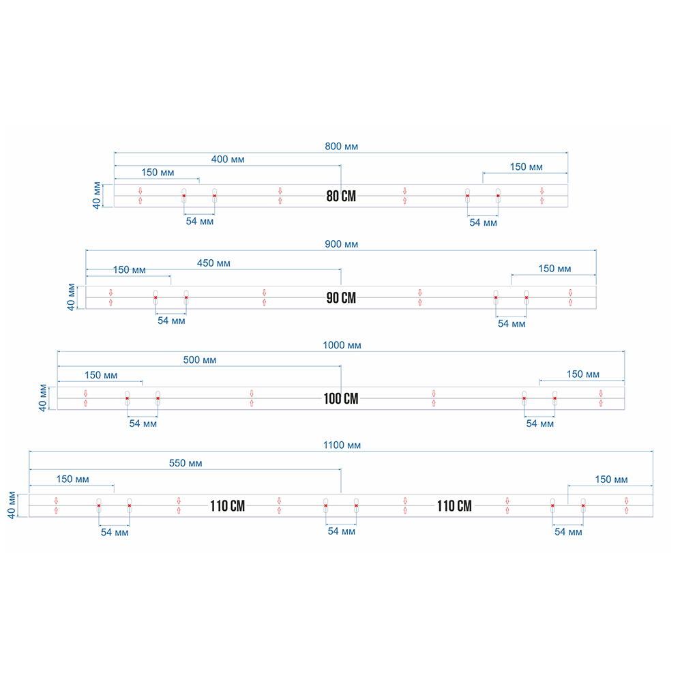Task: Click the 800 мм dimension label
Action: pyautogui.click(x=341, y=146)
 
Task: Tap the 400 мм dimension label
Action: pyautogui.click(x=228, y=160)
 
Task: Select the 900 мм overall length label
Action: pyautogui.click(x=341, y=244)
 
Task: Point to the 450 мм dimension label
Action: pyautogui.click(x=213, y=263)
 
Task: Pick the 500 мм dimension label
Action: pyautogui.click(x=200, y=360)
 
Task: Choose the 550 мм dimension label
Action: pyautogui.click(x=186, y=463)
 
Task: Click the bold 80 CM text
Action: pyautogui.click(x=341, y=196)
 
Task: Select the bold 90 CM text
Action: pyautogui.click(x=341, y=297)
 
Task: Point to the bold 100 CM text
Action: pyautogui.click(x=341, y=398)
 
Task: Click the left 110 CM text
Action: pyautogui.click(x=227, y=506)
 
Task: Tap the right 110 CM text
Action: pyautogui.click(x=454, y=506)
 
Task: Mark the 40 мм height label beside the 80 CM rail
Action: pyautogui.click(x=98, y=196)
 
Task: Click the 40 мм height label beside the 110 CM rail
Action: pyautogui.click(x=12, y=505)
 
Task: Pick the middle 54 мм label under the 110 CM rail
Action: pyautogui.click(x=341, y=531)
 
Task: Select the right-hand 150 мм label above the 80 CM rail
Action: pyautogui.click(x=527, y=167)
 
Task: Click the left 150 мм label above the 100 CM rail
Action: pyautogui.click(x=101, y=375)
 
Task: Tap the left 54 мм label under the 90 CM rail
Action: pyautogui.click(x=171, y=321)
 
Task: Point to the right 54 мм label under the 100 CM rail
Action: pyautogui.click(x=539, y=424)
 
